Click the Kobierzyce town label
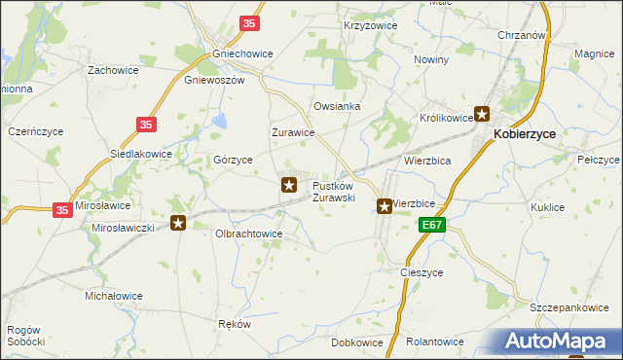[x=530, y=136]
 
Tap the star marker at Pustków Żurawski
[x=289, y=184]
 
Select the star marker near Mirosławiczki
[x=178, y=224]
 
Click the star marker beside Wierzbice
[x=385, y=206]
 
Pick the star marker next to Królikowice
[x=482, y=115]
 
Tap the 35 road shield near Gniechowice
[x=250, y=22]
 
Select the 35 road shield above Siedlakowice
[x=146, y=125]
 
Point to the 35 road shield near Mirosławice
[x=61, y=209]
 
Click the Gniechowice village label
[x=234, y=54]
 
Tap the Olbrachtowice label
[x=248, y=234]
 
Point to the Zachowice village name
[x=112, y=70]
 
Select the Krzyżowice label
[x=367, y=25]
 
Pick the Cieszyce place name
[x=422, y=273]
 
